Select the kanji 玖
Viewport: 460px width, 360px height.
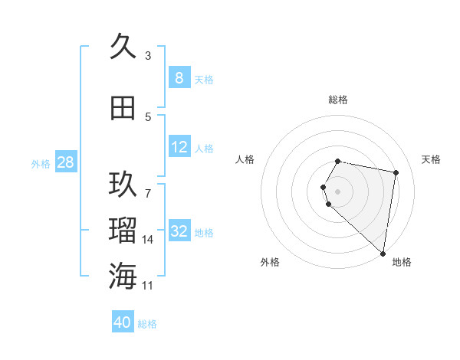(x=123, y=185)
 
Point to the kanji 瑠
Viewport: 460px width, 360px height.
(x=123, y=231)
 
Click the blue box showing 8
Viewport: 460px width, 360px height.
(x=179, y=78)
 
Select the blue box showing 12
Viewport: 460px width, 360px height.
(x=179, y=147)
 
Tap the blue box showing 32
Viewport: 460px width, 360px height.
(x=179, y=231)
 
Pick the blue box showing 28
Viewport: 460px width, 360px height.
(x=65, y=162)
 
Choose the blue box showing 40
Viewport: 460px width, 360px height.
(x=123, y=322)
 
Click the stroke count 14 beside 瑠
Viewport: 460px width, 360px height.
(x=148, y=240)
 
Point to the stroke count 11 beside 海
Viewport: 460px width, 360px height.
(x=148, y=286)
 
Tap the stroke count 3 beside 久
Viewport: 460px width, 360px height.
(x=148, y=56)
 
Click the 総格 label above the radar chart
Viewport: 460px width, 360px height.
(x=338, y=100)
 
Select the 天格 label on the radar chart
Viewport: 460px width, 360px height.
(x=432, y=159)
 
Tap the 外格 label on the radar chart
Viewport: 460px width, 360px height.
(x=270, y=262)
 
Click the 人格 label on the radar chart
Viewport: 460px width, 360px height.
(x=245, y=159)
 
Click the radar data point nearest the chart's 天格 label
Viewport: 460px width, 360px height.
(x=396, y=173)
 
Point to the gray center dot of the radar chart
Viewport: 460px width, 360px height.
(x=338, y=191)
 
